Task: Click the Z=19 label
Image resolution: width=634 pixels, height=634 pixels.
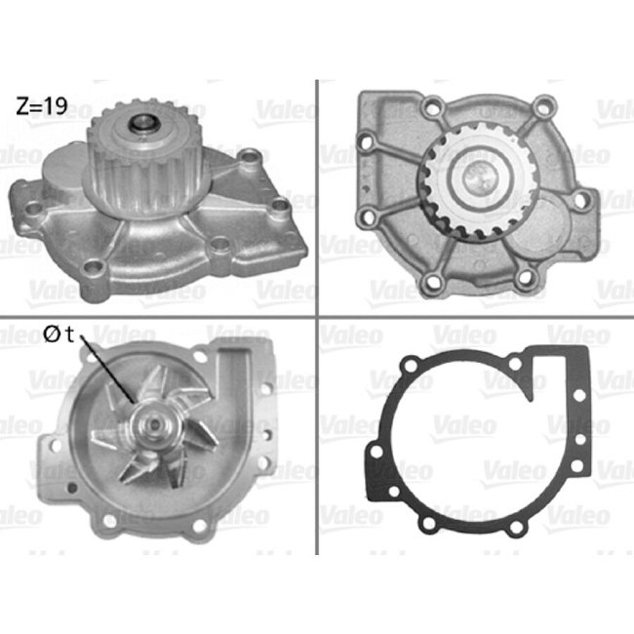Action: [x=42, y=106]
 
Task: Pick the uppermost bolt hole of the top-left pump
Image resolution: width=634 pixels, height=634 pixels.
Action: [x=253, y=155]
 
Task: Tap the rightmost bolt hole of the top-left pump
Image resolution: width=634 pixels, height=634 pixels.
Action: [x=281, y=206]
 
